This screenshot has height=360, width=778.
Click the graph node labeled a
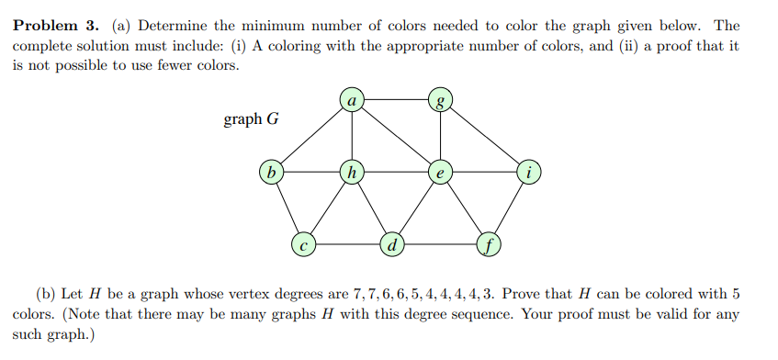350,98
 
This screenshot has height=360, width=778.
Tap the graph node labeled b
271,171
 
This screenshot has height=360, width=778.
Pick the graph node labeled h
350,171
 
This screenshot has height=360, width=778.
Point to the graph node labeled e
441,171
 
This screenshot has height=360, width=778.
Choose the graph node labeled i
529,171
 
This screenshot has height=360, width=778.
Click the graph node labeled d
393,244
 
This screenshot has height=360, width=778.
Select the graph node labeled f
489,244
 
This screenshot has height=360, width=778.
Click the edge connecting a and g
395,98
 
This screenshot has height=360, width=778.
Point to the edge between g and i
485,134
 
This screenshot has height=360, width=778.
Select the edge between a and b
310,134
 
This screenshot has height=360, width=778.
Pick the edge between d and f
441,244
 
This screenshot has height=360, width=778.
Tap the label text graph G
251,119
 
